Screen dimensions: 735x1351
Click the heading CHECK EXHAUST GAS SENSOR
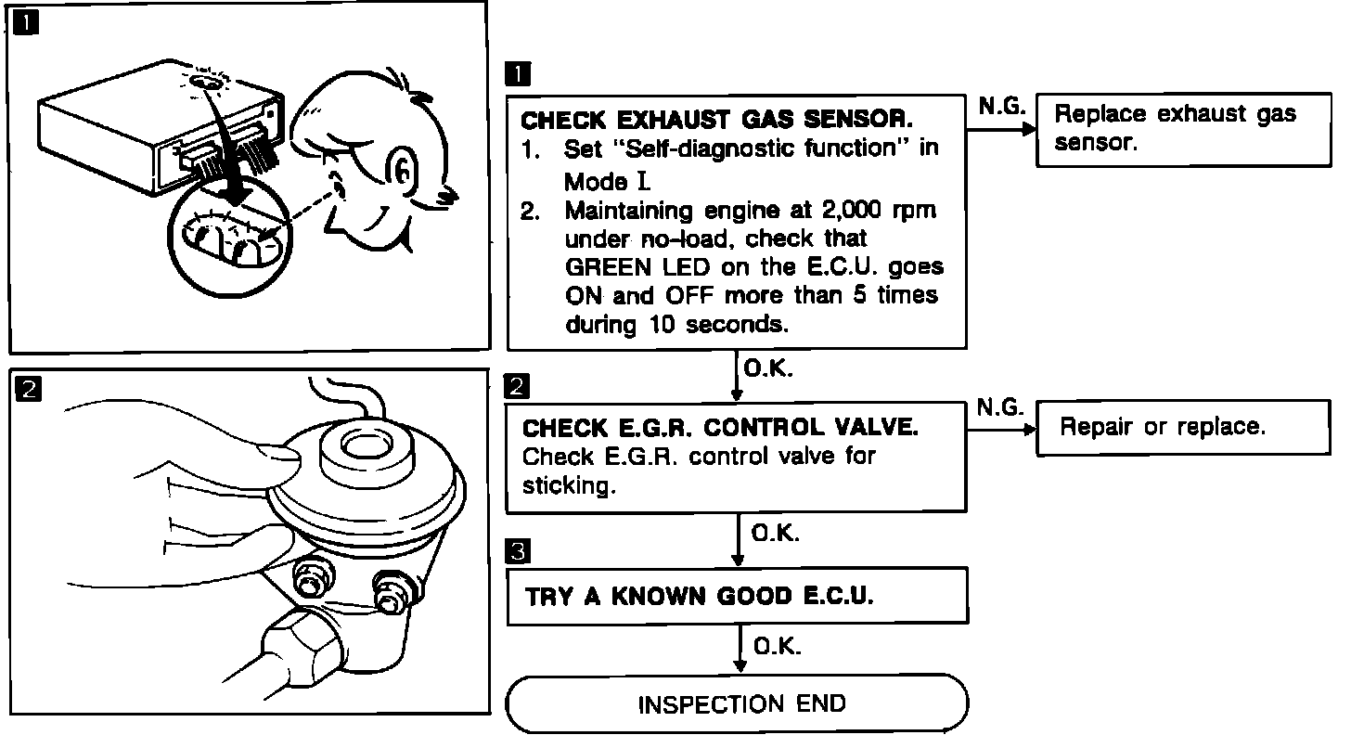click(x=717, y=121)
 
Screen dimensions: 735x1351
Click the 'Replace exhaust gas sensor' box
click(x=1183, y=129)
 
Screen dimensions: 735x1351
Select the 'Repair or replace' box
click(x=1183, y=428)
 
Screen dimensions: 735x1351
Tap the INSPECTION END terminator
click(x=738, y=703)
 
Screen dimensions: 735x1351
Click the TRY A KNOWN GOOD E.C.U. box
click(x=738, y=596)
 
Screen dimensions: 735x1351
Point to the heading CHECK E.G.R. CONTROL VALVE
click(x=720, y=428)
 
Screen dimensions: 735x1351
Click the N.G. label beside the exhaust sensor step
click(x=1001, y=107)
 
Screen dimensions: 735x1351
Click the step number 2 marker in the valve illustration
click(x=29, y=391)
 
